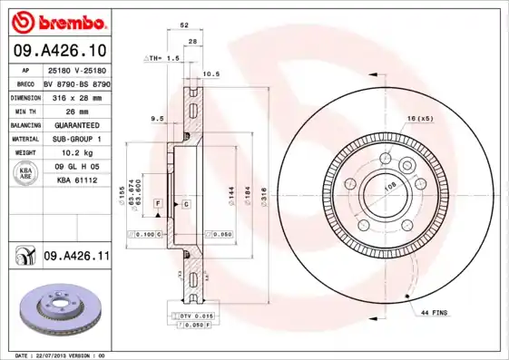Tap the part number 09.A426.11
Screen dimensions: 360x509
point(76,258)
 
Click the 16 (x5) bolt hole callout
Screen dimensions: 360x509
point(420,119)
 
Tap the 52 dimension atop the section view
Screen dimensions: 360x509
point(184,24)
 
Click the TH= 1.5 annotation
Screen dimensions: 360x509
point(163,57)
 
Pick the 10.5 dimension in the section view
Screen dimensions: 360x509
point(210,73)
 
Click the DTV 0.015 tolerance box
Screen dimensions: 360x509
point(194,314)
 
